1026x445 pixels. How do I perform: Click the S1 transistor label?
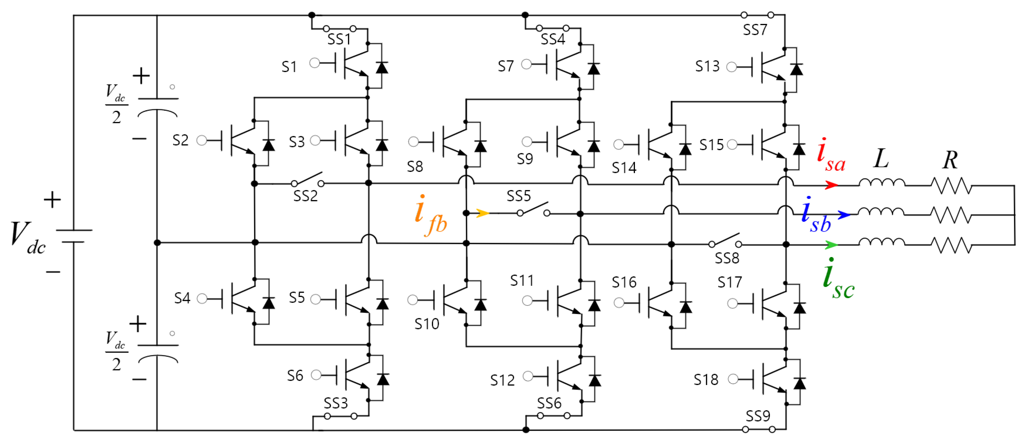click(289, 67)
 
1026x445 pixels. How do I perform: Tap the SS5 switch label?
click(518, 196)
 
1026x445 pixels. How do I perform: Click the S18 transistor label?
click(706, 380)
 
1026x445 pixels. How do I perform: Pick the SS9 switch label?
click(758, 416)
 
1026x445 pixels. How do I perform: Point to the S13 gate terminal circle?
click(731, 67)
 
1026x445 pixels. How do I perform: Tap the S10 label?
click(426, 324)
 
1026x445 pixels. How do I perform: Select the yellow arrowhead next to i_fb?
click(483, 213)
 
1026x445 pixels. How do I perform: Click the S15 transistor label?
click(711, 145)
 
